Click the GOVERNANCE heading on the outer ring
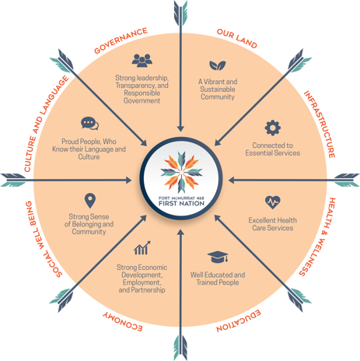121,40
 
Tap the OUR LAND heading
237,38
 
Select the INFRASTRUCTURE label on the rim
320,124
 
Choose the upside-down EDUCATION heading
239,321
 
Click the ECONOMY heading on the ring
123,321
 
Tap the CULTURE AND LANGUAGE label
46,124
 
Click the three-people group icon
142,61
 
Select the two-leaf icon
218,65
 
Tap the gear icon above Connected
273,128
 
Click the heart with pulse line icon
273,202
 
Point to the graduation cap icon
218,257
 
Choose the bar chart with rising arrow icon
142,247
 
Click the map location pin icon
90,201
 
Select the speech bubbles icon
89,123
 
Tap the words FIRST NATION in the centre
181,203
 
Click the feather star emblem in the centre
181,171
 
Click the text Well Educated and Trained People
218,279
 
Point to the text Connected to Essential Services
273,149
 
